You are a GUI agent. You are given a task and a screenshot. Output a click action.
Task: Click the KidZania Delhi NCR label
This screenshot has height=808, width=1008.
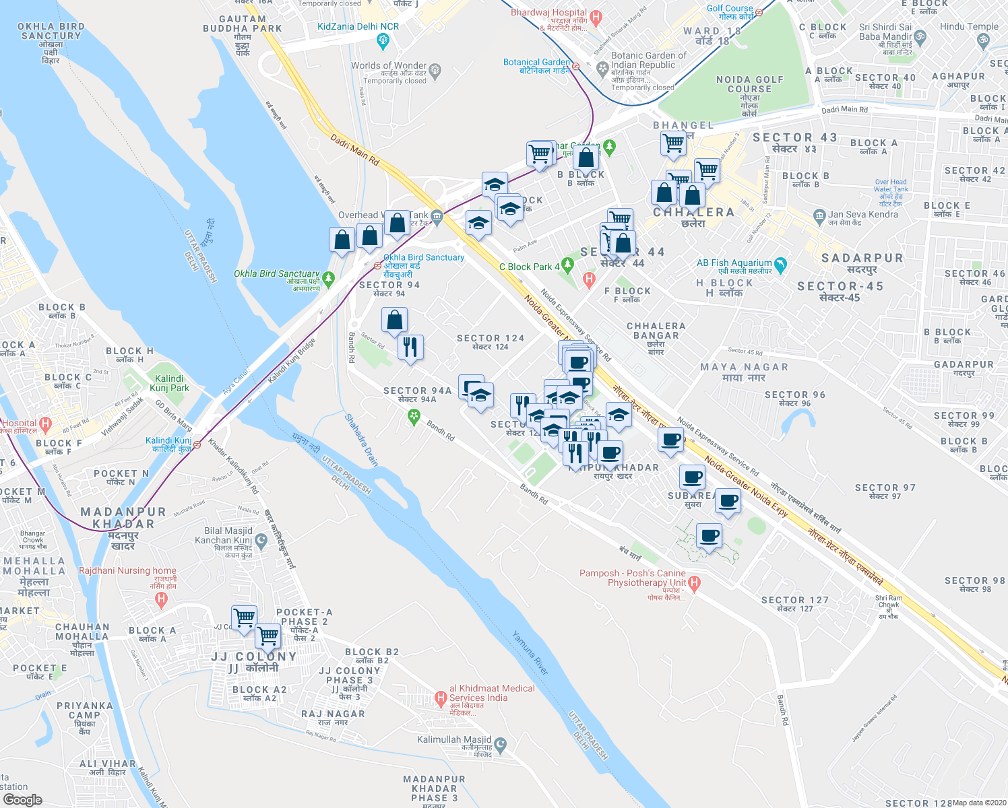358,27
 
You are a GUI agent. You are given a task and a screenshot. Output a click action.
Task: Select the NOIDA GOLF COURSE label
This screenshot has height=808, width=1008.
749,84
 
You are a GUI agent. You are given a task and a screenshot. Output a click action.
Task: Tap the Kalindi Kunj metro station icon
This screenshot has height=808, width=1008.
197,444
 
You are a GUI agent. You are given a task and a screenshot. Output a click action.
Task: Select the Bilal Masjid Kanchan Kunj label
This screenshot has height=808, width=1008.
223,535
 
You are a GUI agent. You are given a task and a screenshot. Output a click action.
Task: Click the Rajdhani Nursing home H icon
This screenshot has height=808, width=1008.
160,599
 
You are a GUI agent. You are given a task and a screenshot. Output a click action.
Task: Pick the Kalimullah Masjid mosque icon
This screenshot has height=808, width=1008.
501,745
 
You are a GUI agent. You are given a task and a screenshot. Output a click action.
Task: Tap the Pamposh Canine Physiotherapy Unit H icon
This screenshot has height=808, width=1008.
695,583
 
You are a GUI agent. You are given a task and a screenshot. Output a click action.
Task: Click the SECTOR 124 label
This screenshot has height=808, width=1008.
490,339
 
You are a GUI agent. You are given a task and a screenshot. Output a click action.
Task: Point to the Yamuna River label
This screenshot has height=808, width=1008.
530,652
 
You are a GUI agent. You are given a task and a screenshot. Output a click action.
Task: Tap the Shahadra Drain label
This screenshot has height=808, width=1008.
361,440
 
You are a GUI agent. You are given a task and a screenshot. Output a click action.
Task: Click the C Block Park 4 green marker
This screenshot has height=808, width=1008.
567,267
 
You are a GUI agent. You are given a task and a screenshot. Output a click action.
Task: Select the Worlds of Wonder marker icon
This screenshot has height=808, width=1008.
435,69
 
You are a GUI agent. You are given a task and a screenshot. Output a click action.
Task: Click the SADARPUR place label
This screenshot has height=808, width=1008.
862,259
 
